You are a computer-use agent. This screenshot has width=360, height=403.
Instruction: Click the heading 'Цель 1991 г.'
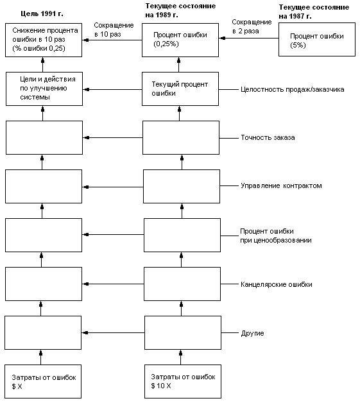[42, 13]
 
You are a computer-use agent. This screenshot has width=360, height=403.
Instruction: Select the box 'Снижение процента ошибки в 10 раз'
[44, 40]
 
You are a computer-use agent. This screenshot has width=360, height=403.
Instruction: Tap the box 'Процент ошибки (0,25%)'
[180, 40]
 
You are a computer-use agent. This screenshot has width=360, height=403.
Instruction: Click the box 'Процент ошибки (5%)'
[317, 39]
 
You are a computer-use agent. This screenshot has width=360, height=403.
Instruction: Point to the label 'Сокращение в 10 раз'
[114, 30]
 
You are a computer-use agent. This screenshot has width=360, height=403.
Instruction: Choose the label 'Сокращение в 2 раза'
[252, 26]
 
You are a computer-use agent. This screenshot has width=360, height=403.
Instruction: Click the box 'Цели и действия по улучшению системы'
[44, 89]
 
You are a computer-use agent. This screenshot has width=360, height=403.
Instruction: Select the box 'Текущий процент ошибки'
[180, 89]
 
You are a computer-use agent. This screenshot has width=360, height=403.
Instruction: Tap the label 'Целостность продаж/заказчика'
[293, 89]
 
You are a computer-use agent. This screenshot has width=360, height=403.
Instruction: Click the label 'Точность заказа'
[268, 137]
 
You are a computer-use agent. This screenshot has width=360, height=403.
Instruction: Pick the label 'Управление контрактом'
[281, 185]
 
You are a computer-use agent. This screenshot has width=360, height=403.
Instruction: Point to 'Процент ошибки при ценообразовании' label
[276, 236]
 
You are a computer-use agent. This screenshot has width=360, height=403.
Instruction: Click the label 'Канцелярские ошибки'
[277, 284]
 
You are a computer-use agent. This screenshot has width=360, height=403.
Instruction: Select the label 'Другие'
[252, 333]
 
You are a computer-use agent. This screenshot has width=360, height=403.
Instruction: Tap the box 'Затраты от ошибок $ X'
[43, 381]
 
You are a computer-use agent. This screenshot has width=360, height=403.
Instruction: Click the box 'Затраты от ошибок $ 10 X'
[183, 381]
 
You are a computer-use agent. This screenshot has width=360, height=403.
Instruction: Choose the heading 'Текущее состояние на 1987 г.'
[314, 12]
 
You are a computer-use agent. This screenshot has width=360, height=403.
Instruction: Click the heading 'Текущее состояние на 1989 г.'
[180, 10]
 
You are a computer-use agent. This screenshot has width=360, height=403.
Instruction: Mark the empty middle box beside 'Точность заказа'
[181, 138]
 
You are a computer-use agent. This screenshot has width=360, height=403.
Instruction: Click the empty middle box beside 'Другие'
[183, 333]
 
